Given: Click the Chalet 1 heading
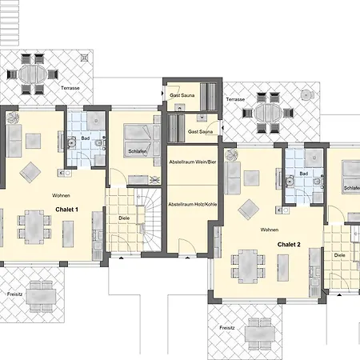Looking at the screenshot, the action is click(66, 210).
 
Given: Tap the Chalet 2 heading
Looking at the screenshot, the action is click(289, 245).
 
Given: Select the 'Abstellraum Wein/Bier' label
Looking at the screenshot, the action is click(193, 162).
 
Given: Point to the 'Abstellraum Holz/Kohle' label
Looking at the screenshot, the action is click(193, 204).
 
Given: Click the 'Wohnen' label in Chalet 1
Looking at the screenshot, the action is click(61, 195).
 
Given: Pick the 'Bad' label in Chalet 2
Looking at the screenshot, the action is click(304, 174).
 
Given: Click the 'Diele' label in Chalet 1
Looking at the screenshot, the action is click(124, 218).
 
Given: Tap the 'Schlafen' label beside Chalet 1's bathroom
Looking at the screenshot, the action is click(138, 151).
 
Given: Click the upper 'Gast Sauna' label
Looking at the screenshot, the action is click(182, 95).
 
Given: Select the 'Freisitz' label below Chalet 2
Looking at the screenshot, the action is click(227, 328).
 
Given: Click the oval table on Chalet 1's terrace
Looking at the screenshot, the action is click(33, 74).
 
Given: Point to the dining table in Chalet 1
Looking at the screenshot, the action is click(34, 227).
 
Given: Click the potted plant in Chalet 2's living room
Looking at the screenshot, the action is click(231, 155).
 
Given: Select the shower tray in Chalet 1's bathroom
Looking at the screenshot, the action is click(96, 121).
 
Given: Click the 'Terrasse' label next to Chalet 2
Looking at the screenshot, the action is click(235, 99).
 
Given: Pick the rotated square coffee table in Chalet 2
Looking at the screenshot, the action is click(248, 210).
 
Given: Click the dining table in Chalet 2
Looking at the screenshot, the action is click(248, 266).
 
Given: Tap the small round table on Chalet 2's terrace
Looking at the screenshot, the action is click(306, 95).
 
